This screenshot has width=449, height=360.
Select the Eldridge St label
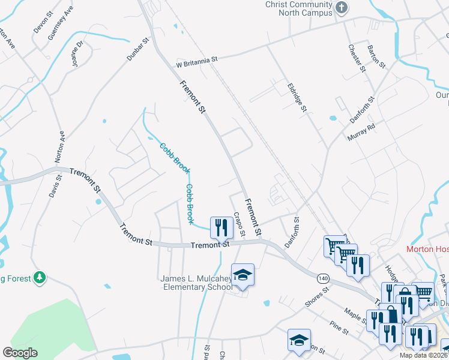[x=297, y=97]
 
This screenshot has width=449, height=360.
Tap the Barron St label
[x=378, y=56]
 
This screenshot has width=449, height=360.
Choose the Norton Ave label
[x=60, y=147]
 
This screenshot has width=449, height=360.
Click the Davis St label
[x=55, y=187]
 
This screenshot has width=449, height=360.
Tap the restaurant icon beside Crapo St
[x=221, y=227]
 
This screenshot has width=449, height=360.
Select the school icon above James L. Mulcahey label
[x=243, y=274]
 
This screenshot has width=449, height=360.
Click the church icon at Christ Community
[x=342, y=8]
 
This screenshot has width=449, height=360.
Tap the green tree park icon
[x=40, y=277]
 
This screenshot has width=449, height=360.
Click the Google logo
[x=20, y=353]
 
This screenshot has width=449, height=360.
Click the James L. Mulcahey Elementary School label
[x=196, y=283]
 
